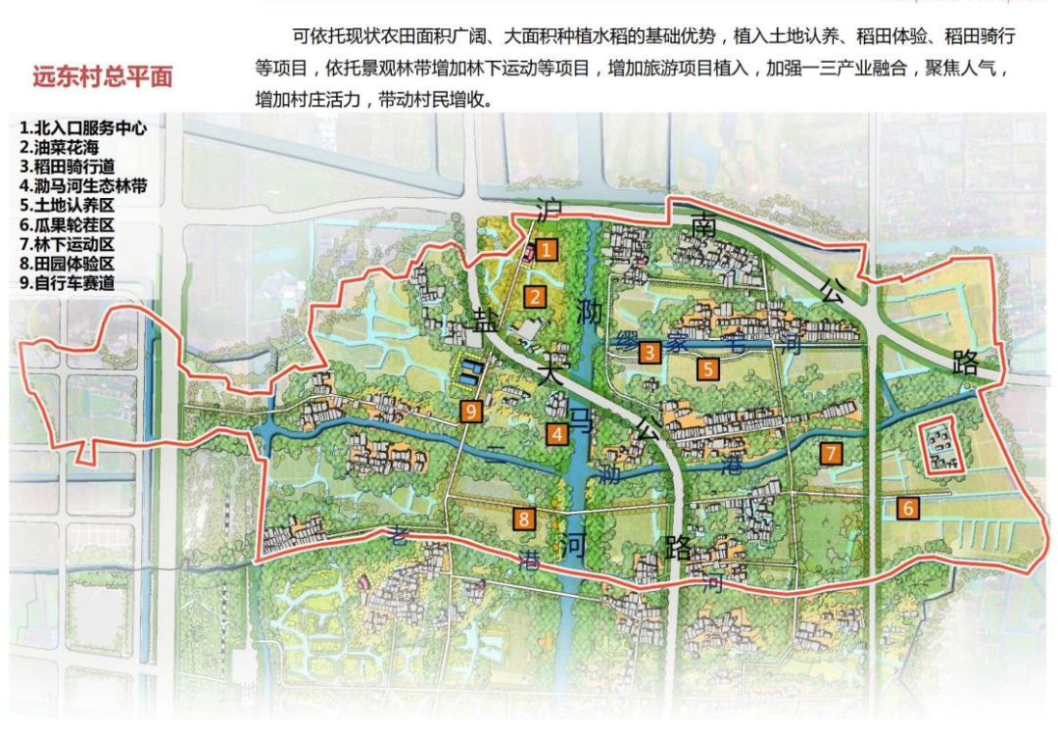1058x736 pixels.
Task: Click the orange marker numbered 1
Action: [x=547, y=250]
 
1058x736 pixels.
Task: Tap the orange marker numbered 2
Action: [x=535, y=296]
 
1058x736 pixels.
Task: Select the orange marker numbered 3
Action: [x=649, y=352]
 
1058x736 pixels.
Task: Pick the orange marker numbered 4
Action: [x=556, y=434]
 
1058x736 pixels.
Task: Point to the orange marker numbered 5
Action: [x=707, y=368]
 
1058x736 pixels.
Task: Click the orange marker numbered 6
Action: [x=908, y=508]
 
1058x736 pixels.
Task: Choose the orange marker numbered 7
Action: [x=830, y=453]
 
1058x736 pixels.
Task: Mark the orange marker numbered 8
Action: [x=525, y=519]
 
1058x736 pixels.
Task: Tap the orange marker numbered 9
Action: [x=471, y=411]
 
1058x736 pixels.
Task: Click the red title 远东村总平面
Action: [x=102, y=77]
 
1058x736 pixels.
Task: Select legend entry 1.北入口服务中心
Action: [x=82, y=128]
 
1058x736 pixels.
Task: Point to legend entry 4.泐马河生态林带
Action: [x=82, y=185]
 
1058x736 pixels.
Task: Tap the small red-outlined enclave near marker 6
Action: [x=941, y=449]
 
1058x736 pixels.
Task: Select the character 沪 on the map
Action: [x=549, y=209]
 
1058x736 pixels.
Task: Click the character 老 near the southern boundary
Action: [x=397, y=535]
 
